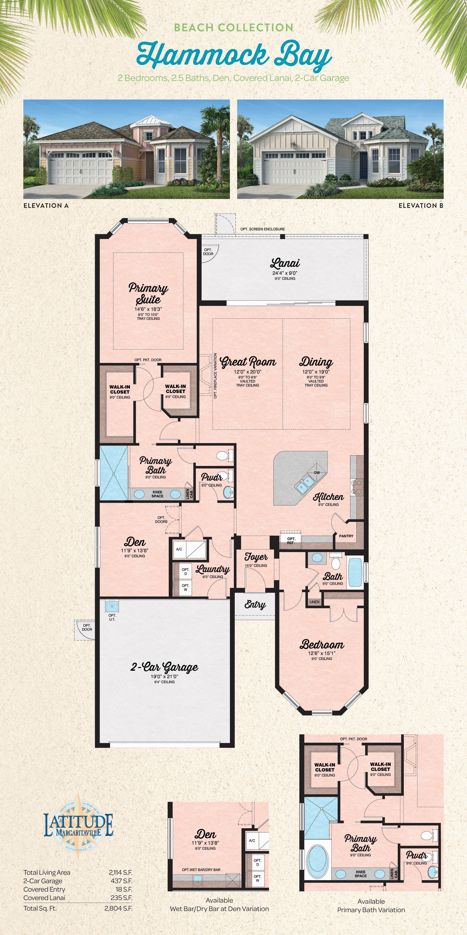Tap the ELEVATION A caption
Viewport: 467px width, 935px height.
click(x=46, y=205)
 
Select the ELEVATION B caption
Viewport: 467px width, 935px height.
click(x=421, y=205)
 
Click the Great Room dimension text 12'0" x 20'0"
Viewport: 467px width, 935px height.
click(x=248, y=372)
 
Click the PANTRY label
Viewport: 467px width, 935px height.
click(x=346, y=536)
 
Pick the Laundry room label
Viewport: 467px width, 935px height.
click(x=213, y=569)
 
